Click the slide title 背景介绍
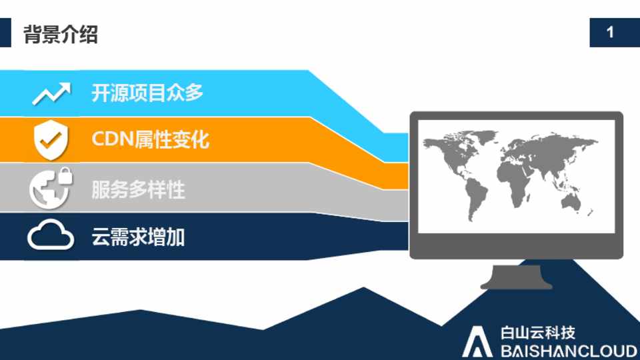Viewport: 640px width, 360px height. (x=61, y=34)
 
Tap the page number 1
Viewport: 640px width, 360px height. (x=610, y=32)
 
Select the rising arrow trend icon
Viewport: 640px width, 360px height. (x=51, y=93)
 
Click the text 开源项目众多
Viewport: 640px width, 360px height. (x=147, y=93)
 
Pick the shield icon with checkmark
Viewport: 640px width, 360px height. (x=51, y=139)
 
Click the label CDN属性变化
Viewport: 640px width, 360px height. (x=150, y=139)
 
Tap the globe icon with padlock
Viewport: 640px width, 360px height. (x=51, y=189)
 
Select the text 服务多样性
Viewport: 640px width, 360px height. (x=139, y=189)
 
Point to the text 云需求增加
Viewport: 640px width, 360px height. (x=139, y=237)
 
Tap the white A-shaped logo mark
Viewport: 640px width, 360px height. (x=477, y=341)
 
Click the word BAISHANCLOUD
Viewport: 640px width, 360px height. (x=569, y=351)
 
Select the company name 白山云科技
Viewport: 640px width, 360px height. (x=538, y=333)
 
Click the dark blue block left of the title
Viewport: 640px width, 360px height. (x=5, y=33)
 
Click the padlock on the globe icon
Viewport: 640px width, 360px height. (x=65, y=176)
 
